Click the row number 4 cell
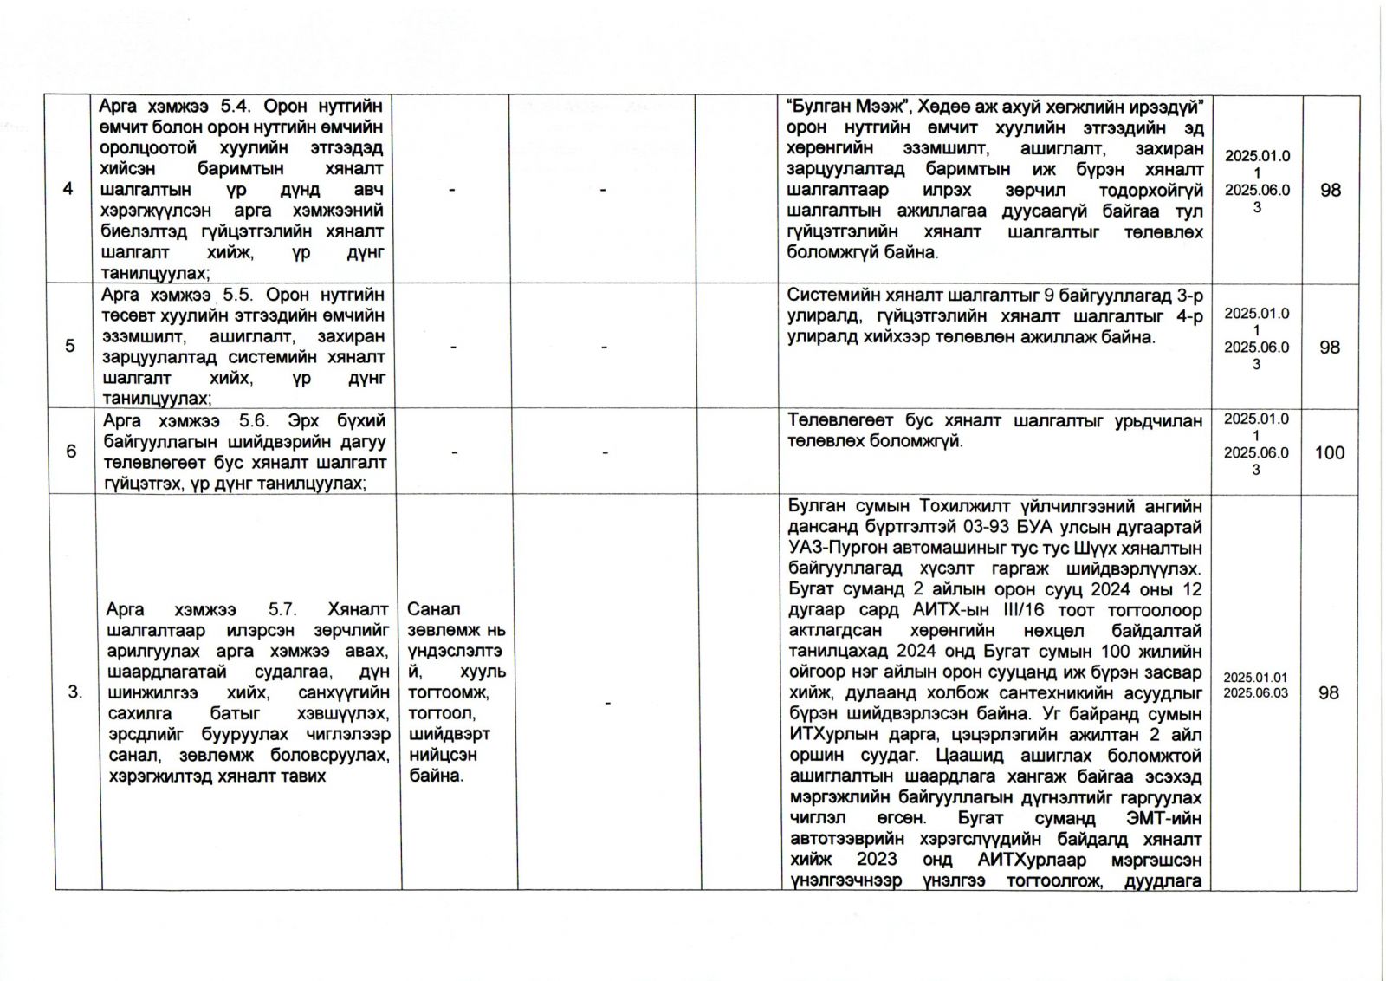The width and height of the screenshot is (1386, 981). (69, 188)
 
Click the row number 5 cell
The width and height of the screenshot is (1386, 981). (69, 346)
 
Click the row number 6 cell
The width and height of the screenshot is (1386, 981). (70, 451)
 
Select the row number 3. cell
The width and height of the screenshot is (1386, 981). (75, 692)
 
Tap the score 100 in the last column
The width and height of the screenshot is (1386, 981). (1330, 452)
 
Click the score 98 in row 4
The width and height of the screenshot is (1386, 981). (1330, 189)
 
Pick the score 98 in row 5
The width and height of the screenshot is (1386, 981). (1330, 347)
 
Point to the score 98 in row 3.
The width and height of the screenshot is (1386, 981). (1330, 692)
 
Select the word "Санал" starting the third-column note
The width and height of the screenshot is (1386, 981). (433, 609)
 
